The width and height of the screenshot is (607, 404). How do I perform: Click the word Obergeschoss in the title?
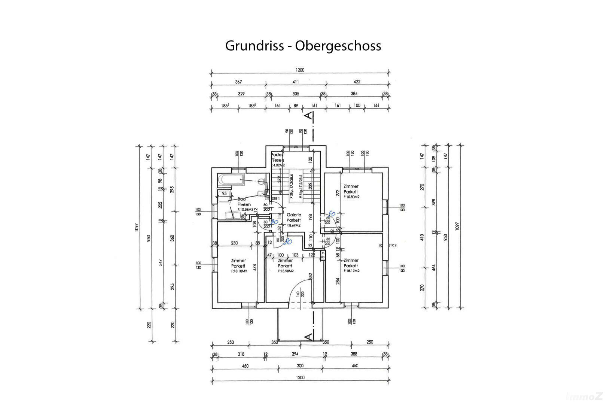(338, 46)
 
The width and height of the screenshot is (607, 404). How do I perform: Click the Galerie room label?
(294, 215)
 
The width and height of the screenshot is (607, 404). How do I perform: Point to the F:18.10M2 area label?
(239, 271)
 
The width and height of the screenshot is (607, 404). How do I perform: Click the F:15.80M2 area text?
(351, 197)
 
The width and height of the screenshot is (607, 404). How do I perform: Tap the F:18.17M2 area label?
(351, 271)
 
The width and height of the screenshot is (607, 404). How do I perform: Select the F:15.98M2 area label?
(286, 271)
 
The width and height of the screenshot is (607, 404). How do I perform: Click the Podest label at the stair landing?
(278, 155)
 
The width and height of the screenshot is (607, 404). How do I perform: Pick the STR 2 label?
(392, 245)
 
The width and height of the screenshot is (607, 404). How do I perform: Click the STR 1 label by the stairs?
(276, 198)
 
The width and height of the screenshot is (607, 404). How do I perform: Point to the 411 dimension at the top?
(296, 82)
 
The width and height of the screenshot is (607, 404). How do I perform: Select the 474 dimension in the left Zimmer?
(254, 267)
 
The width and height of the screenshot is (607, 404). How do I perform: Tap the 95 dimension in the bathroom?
(224, 194)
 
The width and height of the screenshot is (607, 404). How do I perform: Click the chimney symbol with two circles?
(323, 255)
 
